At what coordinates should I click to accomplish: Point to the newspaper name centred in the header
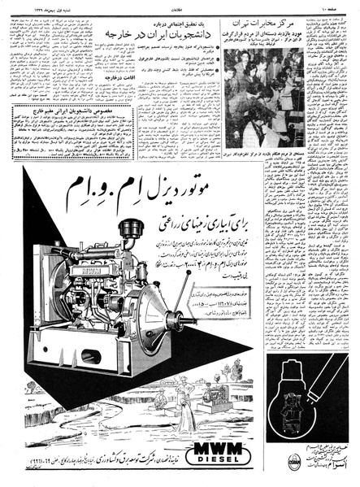click(180, 7)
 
